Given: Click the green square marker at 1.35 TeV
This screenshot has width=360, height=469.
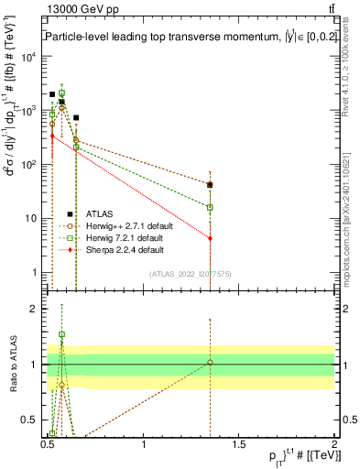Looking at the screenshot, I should [211, 207].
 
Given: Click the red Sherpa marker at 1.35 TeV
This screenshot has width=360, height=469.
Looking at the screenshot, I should [211, 238].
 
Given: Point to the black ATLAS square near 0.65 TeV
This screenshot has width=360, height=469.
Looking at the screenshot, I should [76, 117].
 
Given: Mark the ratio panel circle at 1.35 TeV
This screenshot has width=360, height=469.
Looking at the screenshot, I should [211, 363].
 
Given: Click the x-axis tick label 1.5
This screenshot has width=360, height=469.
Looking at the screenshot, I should [239, 446].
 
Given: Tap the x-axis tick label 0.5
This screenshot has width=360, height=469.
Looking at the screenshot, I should [49, 446].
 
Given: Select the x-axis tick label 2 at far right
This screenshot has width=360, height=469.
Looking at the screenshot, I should [334, 446].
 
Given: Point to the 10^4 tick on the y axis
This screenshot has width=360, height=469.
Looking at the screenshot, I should [30, 57].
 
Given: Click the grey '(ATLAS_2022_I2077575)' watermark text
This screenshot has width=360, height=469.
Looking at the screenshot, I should [190, 274].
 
